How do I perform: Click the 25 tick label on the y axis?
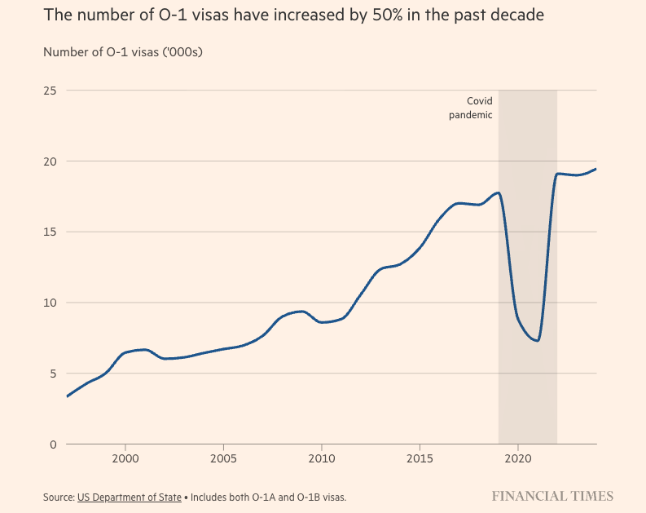[x=51, y=91]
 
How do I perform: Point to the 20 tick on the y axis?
[x=51, y=161]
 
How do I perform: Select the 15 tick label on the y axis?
[x=51, y=232]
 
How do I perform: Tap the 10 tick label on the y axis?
[x=51, y=303]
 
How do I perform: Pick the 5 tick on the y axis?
[x=53, y=374]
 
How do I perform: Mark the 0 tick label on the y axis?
[x=53, y=444]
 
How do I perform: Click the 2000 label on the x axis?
[x=125, y=459]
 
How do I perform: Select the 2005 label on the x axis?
[x=223, y=459]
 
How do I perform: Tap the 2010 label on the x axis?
[x=322, y=459]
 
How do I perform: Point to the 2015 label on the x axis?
[x=420, y=459]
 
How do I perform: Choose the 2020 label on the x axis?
[x=518, y=459]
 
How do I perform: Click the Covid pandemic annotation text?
[x=472, y=108]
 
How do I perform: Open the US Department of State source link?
[x=130, y=496]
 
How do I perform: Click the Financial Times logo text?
[x=552, y=496]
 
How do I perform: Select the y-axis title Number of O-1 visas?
[x=122, y=52]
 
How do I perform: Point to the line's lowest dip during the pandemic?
[x=537, y=340]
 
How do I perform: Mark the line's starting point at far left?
[x=67, y=396]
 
